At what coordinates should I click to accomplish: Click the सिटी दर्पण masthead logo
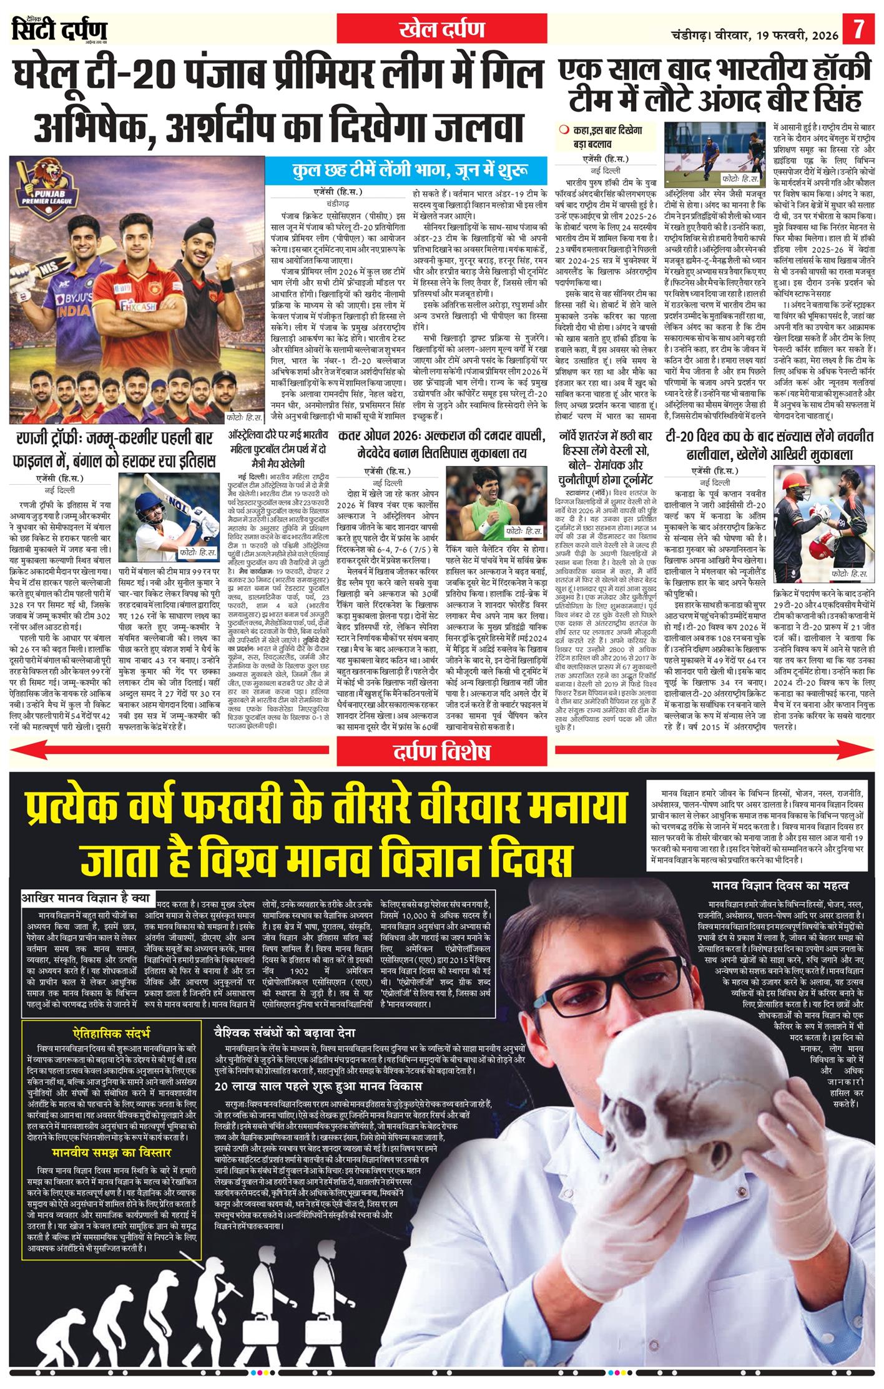pyautogui.click(x=59, y=30)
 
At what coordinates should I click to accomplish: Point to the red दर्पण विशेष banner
pyautogui.click(x=441, y=751)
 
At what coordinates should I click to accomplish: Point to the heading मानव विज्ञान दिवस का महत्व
pyautogui.click(x=780, y=885)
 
